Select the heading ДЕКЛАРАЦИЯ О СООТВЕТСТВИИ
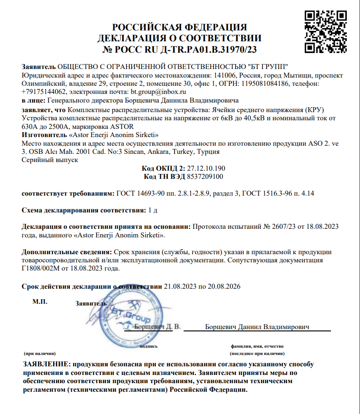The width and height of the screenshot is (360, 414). [x=180, y=38]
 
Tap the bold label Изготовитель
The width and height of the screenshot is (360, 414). [x=44, y=135]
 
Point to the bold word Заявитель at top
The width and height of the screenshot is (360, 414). [x=39, y=67]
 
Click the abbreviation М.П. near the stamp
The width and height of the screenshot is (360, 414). [x=39, y=301]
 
